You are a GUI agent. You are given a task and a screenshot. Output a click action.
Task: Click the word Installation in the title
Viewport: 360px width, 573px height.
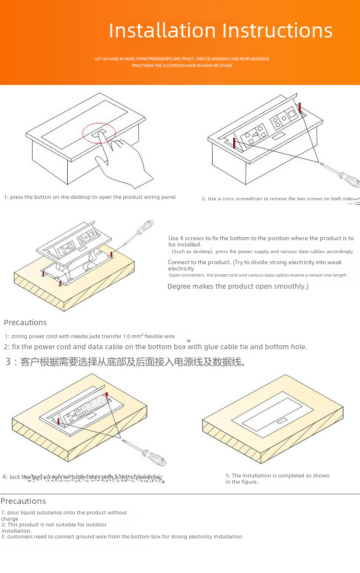pos(162,31)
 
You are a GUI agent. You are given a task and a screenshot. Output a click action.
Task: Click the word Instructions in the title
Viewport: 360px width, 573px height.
pos(277,31)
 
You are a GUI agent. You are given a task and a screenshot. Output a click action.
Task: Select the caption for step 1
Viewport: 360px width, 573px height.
pos(90,197)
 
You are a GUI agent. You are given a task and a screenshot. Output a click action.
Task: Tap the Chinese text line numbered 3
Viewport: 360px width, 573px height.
pos(126,362)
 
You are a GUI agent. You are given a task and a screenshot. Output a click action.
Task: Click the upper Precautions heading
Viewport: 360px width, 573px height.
pos(25,322)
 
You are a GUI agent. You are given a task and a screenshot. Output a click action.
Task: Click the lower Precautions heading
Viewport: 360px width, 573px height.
pos(24,501)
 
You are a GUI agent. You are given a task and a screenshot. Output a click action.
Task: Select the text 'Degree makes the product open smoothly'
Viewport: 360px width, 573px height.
pos(237,286)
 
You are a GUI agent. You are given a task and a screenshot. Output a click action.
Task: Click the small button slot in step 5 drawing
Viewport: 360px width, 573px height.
pos(281,422)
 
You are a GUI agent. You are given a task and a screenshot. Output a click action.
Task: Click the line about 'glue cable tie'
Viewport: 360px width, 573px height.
pos(156,347)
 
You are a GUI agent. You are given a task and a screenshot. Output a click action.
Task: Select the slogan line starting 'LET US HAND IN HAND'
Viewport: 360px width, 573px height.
pos(182,59)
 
